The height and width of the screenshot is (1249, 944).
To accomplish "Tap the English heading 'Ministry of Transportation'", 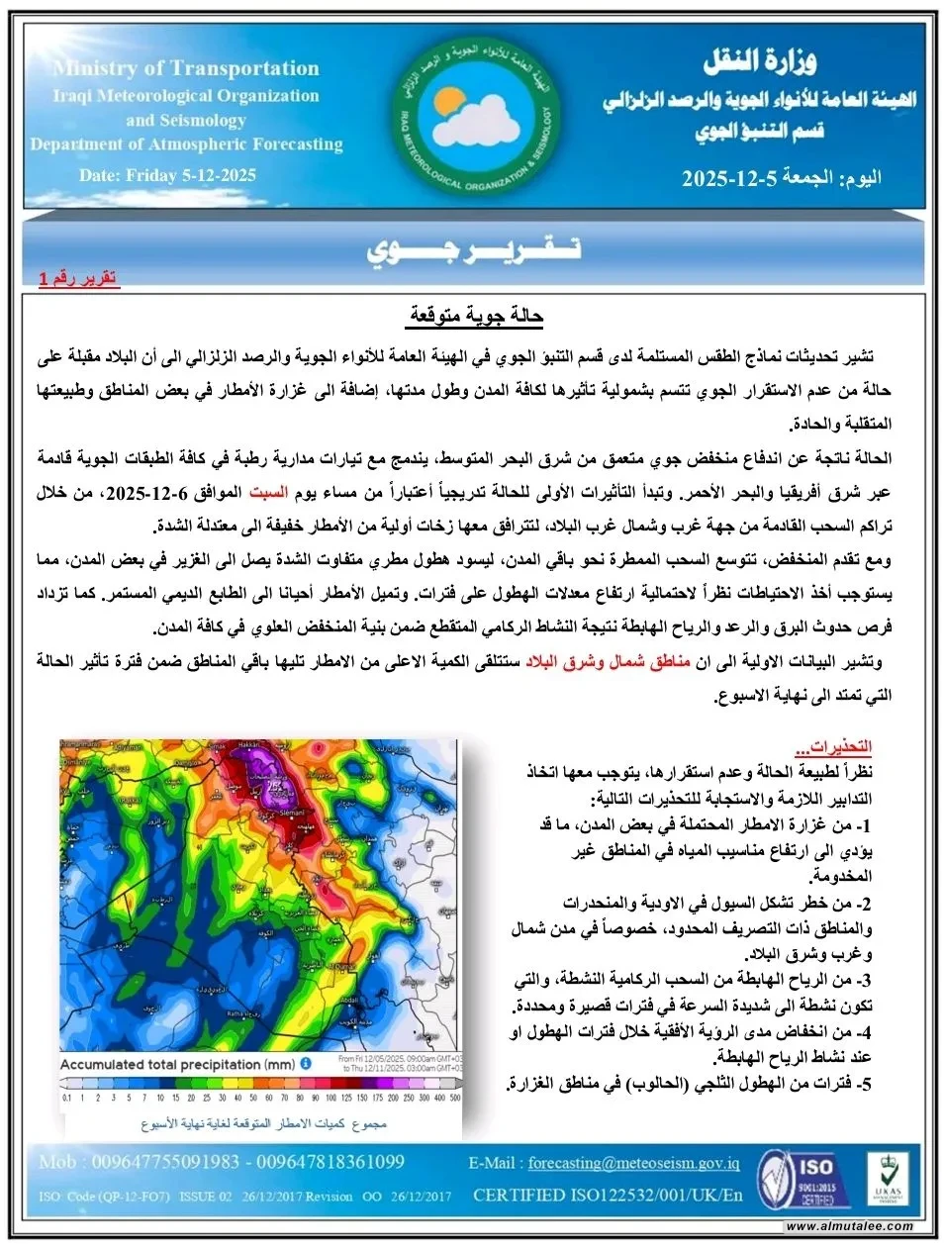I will [x=187, y=68].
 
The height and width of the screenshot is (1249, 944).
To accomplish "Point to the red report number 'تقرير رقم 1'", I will [x=78, y=278].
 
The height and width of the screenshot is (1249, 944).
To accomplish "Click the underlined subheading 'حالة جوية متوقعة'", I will [x=475, y=316].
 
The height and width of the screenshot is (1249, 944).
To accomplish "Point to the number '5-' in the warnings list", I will [x=864, y=1084].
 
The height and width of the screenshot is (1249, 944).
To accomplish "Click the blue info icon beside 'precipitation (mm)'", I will [x=306, y=1063].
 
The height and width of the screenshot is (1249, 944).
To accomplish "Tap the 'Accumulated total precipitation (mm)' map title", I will [x=178, y=1064].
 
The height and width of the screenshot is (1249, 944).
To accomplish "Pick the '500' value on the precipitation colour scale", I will [x=455, y=1098].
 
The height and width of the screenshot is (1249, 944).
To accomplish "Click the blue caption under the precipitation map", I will [x=263, y=1124].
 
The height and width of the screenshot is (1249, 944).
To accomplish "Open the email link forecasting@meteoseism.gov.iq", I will [x=633, y=1163].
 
